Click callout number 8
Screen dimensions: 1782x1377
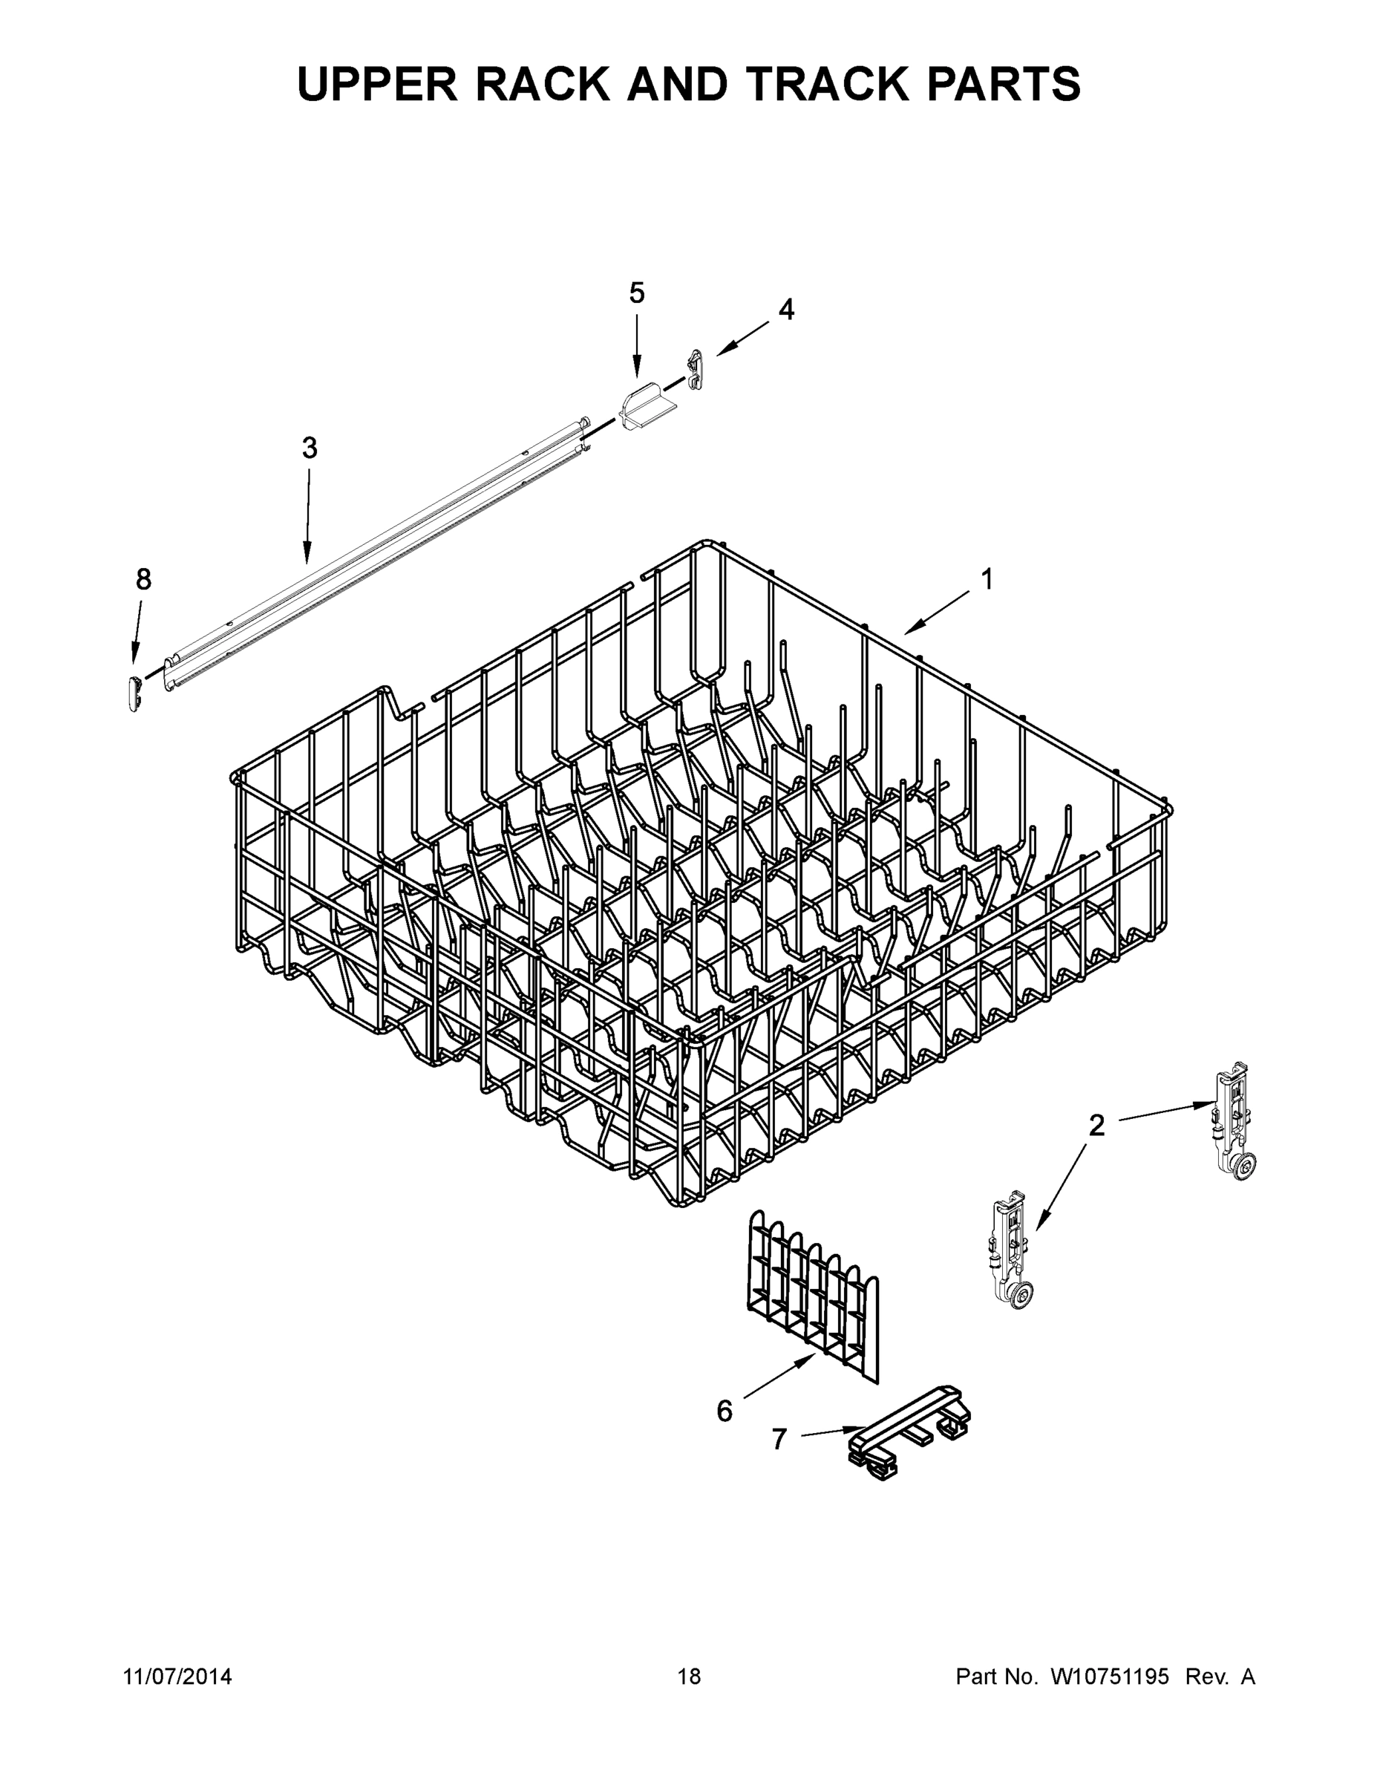click(x=143, y=579)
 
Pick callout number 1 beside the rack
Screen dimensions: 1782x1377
click(x=987, y=579)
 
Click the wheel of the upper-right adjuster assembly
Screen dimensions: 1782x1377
click(x=1245, y=1169)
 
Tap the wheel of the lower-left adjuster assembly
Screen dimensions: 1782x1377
click(x=1021, y=1296)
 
